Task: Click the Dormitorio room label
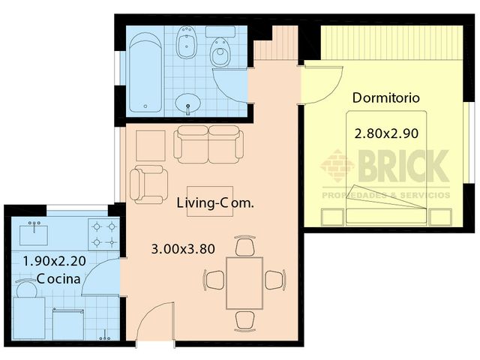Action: click(385, 97)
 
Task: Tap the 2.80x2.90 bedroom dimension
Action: click(385, 133)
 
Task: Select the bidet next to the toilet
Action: click(186, 46)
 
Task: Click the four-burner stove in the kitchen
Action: click(102, 234)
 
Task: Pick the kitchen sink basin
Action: click(31, 234)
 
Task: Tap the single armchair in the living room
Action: click(148, 184)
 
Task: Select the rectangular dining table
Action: click(244, 282)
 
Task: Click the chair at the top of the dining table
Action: click(244, 246)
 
